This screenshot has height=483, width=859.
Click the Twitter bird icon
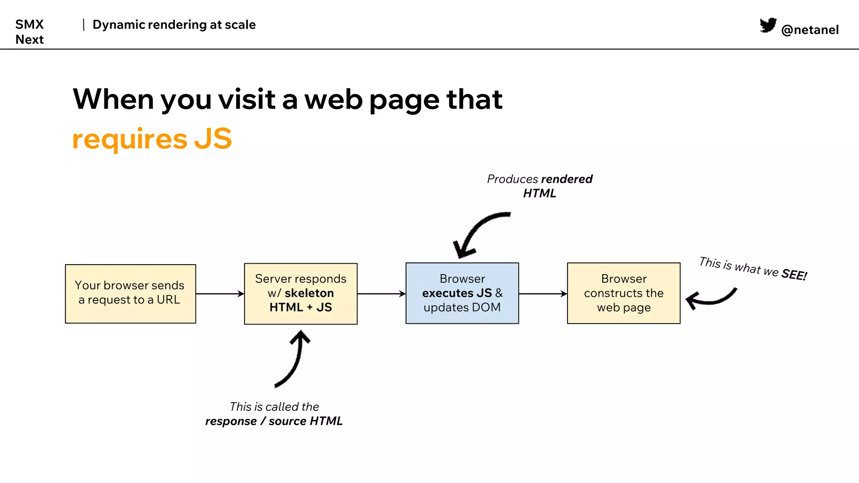click(768, 25)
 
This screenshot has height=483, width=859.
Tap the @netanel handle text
click(810, 30)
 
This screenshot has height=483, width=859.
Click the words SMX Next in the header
click(29, 32)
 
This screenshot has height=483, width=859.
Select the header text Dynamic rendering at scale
click(174, 25)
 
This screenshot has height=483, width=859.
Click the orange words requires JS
click(152, 139)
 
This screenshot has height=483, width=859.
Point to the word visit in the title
click(246, 99)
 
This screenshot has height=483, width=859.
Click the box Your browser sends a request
click(130, 293)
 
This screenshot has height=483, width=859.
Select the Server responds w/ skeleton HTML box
click(301, 293)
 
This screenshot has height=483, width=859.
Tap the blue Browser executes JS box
click(462, 293)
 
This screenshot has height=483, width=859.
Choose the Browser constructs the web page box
click(624, 293)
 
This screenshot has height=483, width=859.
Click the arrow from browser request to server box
click(220, 293)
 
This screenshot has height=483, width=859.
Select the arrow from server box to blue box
click(381, 293)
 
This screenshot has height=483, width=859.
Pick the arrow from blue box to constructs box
click(543, 293)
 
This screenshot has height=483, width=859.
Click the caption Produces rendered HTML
click(539, 186)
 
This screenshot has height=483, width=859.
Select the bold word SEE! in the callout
click(794, 275)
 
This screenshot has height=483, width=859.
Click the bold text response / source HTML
click(274, 421)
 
